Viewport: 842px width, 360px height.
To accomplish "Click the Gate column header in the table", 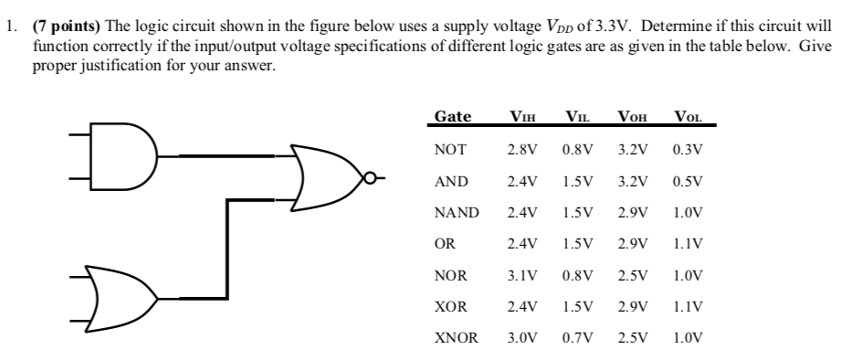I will pos(453,116).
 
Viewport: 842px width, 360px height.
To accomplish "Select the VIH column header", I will pos(522,116).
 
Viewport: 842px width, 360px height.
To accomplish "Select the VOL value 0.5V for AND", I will pos(688,180).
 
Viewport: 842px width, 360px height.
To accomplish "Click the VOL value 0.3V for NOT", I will pos(688,148).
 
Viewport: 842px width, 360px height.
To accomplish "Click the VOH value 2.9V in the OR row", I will pos(633,243).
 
